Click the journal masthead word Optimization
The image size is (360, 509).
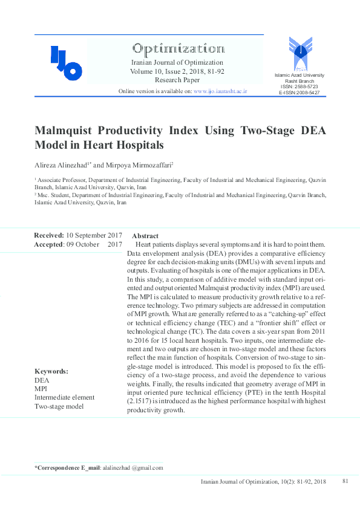click(177, 48)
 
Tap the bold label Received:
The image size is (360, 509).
click(49, 235)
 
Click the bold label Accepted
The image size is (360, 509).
click(48, 244)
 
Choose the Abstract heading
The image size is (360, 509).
click(145, 236)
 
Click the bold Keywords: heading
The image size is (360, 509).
click(51, 371)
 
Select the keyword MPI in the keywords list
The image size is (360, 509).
click(41, 389)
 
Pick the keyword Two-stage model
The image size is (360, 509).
click(59, 406)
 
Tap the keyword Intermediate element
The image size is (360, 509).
click(65, 397)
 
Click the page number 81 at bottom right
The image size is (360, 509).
click(345, 481)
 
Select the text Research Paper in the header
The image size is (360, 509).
click(177, 80)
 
